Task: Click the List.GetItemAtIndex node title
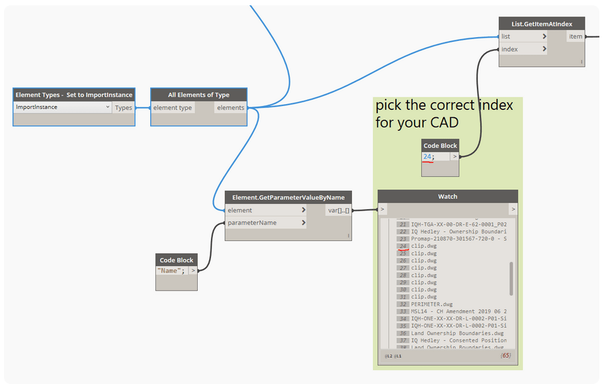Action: coord(541,24)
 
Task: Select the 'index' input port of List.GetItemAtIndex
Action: coord(523,49)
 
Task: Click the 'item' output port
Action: coord(576,36)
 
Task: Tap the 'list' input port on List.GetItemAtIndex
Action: coord(523,36)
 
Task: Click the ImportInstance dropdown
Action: coord(62,107)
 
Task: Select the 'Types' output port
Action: coord(123,107)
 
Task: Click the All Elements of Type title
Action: coord(199,95)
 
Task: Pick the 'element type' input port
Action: coord(173,107)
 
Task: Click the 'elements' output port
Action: coord(231,107)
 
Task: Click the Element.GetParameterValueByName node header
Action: coord(288,197)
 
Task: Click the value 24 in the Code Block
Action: coord(427,157)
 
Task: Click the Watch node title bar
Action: coord(447,197)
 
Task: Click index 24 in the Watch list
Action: coord(403,246)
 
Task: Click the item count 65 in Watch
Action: coord(506,356)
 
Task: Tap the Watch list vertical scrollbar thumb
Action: coord(511,278)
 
